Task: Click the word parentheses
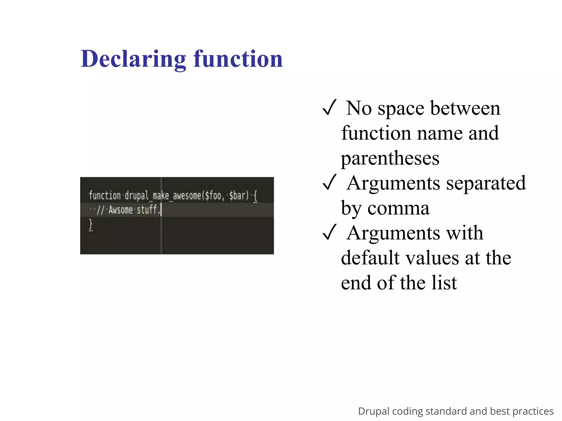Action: click(390, 158)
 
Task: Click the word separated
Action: click(486, 183)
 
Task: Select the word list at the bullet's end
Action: click(444, 283)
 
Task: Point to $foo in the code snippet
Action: click(213, 196)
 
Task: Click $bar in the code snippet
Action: click(237, 196)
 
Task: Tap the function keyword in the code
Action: click(105, 196)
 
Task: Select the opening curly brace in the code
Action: click(255, 196)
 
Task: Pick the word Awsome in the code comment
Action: click(120, 210)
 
